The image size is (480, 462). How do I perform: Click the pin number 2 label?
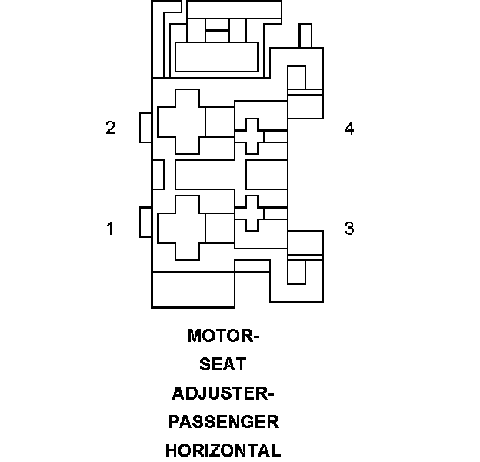[x=110, y=128]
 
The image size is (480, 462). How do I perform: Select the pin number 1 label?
[x=110, y=228]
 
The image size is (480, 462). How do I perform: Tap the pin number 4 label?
[x=349, y=129]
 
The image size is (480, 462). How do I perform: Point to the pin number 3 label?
[x=349, y=228]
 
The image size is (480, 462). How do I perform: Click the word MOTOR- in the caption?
[x=224, y=336]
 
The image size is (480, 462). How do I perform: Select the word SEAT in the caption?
[x=223, y=364]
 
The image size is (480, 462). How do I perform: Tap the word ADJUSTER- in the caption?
[x=223, y=393]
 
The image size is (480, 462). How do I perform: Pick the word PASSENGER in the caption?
[x=223, y=421]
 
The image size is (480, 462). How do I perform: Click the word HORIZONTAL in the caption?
[x=223, y=450]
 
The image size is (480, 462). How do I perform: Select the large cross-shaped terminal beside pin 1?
[x=182, y=228]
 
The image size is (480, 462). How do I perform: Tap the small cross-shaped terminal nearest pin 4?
[x=249, y=136]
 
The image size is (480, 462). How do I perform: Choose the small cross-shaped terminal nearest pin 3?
[x=249, y=213]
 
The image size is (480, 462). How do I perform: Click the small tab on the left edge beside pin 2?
[x=145, y=128]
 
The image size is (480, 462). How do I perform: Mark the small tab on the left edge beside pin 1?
[x=145, y=223]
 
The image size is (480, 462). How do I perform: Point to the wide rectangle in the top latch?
[x=216, y=57]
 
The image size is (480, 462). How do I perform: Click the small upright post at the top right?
[x=305, y=35]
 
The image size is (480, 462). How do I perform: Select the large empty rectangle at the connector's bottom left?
[x=192, y=290]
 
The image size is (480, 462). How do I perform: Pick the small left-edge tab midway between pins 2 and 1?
[x=158, y=175]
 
